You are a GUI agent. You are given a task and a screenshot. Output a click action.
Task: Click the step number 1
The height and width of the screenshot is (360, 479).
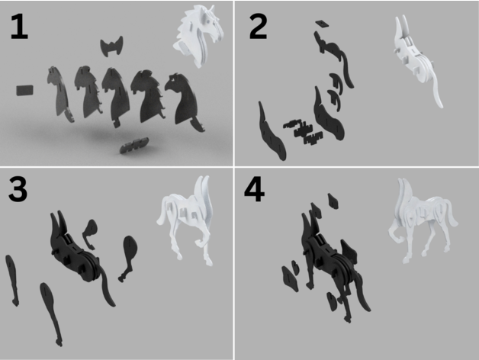tap(19, 27)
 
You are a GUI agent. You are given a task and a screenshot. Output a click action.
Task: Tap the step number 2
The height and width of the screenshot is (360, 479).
tap(258, 27)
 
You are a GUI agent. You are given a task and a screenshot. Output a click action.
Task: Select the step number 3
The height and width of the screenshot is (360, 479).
tap(18, 189)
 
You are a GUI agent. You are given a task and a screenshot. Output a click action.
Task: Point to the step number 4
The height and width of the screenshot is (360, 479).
tap(254, 189)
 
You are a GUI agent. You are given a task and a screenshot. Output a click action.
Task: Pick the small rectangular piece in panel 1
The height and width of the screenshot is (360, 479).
tap(25, 91)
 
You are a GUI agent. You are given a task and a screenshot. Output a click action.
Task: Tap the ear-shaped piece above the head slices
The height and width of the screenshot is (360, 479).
tap(112, 47)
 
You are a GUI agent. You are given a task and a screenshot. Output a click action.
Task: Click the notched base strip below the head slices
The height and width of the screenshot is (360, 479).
tap(134, 145)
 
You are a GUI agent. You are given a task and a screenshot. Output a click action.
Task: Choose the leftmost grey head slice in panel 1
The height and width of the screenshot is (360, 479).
tap(59, 93)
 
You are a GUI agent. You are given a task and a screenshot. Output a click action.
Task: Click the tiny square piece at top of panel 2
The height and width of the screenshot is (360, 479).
tap(321, 24)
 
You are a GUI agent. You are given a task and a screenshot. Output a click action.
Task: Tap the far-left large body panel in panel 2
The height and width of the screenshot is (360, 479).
tap(272, 131)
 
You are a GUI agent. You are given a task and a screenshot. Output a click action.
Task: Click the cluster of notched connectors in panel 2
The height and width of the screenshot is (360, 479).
tap(303, 131)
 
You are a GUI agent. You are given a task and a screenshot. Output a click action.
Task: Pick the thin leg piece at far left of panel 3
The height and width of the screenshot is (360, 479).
tap(12, 280)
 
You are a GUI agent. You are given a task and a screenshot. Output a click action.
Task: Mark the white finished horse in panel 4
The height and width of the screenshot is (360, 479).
tap(423, 220)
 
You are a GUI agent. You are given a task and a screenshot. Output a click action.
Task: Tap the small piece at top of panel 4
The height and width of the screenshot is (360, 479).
tap(333, 201)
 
